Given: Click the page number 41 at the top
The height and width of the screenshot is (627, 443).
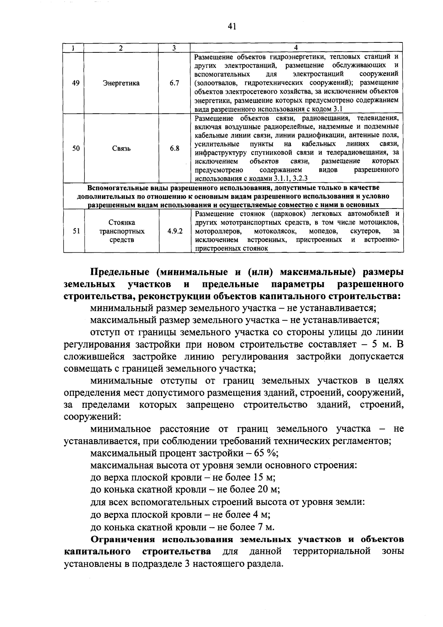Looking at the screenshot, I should (232, 26).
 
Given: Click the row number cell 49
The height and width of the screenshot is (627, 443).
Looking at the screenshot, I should (75, 83).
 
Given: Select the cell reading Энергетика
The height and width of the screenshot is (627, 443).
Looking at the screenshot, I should (121, 83).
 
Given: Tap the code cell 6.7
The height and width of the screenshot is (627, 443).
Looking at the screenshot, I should (174, 83).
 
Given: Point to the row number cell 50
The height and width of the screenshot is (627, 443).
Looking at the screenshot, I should (76, 148).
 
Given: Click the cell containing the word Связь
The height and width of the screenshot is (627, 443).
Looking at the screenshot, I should (121, 148).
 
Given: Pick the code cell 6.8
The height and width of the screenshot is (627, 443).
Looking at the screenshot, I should (175, 148).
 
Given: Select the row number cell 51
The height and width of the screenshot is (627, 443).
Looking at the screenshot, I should (76, 231).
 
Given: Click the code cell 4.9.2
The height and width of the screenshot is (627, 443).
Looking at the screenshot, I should (175, 231).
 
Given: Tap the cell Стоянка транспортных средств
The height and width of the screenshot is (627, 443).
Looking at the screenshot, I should (121, 231).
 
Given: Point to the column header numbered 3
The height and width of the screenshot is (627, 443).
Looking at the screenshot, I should (174, 48).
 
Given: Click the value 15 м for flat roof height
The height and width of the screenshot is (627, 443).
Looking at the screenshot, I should (264, 478).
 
